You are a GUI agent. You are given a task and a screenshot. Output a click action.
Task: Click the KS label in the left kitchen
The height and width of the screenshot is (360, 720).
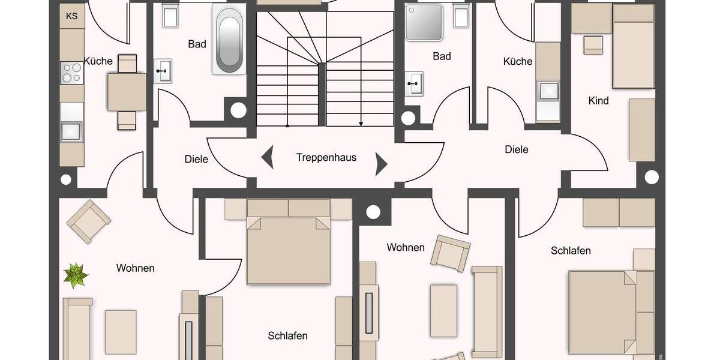click(x=71, y=16)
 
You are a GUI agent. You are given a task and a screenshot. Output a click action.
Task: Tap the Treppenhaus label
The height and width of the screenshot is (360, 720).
click(x=326, y=158)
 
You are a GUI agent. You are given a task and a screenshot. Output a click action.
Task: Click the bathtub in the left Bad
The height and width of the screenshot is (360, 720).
click(x=229, y=41)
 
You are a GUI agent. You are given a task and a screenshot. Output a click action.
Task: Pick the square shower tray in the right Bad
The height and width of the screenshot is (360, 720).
click(x=424, y=22)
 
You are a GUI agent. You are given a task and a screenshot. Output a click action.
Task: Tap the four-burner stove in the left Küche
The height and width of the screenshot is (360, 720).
click(x=71, y=73)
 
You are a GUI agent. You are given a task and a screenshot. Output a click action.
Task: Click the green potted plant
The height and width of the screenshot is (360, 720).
click(x=76, y=275)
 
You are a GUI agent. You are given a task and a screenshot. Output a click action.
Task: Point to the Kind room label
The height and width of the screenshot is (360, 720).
click(x=598, y=101)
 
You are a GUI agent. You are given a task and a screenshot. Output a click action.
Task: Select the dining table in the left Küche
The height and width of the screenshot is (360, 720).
click(x=127, y=92)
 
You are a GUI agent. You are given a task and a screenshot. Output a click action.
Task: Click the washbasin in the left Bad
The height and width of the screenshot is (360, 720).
click(x=163, y=71)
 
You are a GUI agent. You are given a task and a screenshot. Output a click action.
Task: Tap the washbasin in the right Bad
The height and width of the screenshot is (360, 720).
click(x=414, y=83)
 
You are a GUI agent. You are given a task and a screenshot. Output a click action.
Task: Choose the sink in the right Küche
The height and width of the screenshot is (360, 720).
click(x=548, y=91)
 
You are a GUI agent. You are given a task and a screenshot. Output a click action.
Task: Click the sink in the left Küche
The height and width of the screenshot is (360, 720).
click(x=71, y=131)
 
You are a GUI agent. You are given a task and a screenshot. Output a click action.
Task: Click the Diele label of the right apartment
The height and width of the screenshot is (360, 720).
click(x=517, y=149)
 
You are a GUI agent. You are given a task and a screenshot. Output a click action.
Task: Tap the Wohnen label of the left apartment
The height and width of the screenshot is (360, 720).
click(x=136, y=268)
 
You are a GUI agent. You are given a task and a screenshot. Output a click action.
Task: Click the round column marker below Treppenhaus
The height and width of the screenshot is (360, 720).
click(x=373, y=211)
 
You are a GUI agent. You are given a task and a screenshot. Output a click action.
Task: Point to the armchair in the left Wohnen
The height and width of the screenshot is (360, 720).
click(x=89, y=221)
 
